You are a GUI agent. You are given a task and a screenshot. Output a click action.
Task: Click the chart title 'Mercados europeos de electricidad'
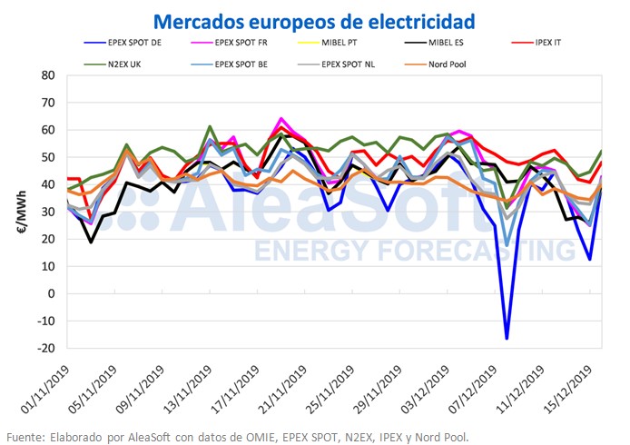click(314, 19)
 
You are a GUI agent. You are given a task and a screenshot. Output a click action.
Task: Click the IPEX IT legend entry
click(542, 43)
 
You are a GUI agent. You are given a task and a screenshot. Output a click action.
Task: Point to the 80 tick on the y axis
click(49, 74)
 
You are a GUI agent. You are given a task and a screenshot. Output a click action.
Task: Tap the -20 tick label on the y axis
click(45, 348)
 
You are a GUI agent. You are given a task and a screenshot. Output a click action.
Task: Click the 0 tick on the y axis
click(52, 293)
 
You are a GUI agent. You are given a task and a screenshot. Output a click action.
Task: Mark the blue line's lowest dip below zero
click(507, 338)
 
